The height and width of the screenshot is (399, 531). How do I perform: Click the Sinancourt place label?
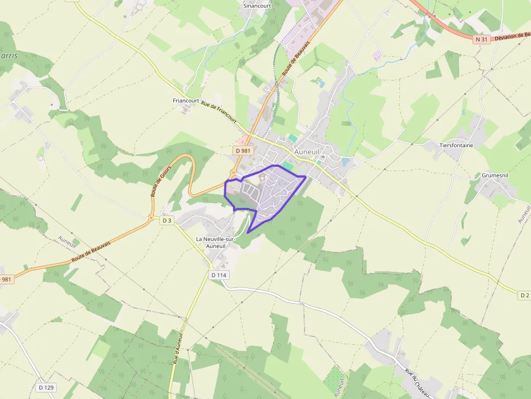256,5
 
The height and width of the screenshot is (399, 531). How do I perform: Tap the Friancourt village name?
186,101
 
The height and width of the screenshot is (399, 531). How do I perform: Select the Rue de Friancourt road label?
219,113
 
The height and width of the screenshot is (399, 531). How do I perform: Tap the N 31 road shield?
481,40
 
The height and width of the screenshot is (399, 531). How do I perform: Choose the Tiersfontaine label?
457,145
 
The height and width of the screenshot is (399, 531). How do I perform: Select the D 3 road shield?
166,220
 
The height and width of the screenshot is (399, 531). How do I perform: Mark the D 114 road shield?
219,275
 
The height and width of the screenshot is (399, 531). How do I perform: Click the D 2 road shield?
523,295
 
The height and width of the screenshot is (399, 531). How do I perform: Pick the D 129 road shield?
47,388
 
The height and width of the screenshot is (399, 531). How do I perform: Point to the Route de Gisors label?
161,181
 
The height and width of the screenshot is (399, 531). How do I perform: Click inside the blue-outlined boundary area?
271,192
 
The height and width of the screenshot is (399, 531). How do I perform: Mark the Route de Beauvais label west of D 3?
90,252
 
